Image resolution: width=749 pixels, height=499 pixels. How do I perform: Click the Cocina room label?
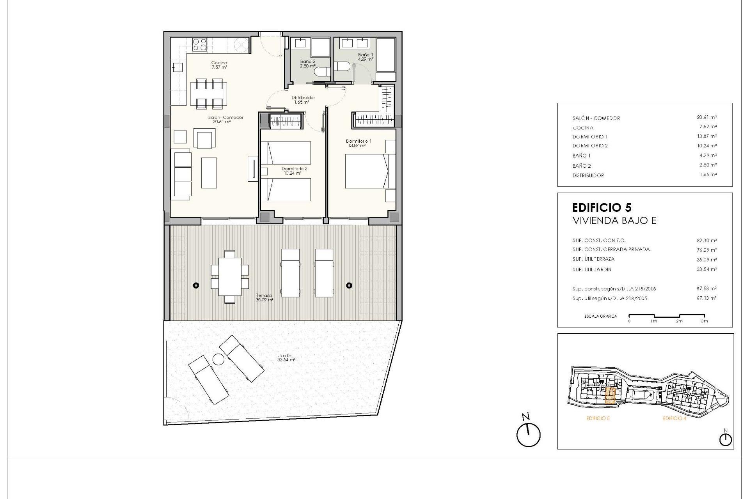pos(219,65)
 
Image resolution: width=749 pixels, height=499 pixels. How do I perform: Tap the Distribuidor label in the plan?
pos(303,100)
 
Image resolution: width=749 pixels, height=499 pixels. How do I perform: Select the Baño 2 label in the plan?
pos(307,64)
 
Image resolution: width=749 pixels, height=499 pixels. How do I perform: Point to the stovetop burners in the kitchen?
pos(200,44)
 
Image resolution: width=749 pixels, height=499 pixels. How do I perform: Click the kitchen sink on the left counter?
pos(177,67)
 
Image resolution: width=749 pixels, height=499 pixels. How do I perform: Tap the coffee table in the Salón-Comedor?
pos(209,172)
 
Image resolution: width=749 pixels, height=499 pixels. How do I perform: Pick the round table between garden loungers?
pos(217,359)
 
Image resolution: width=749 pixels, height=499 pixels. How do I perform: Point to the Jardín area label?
pos(286,357)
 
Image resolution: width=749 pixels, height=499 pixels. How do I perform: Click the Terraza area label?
pos(264,298)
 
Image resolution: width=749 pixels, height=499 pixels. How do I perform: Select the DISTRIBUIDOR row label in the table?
pos(588,176)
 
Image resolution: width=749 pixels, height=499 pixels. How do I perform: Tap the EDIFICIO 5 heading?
pos(601,207)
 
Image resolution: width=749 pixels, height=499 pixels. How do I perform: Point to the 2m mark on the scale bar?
pos(679,321)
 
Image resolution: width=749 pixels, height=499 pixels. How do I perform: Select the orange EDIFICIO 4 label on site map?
pos(674,419)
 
